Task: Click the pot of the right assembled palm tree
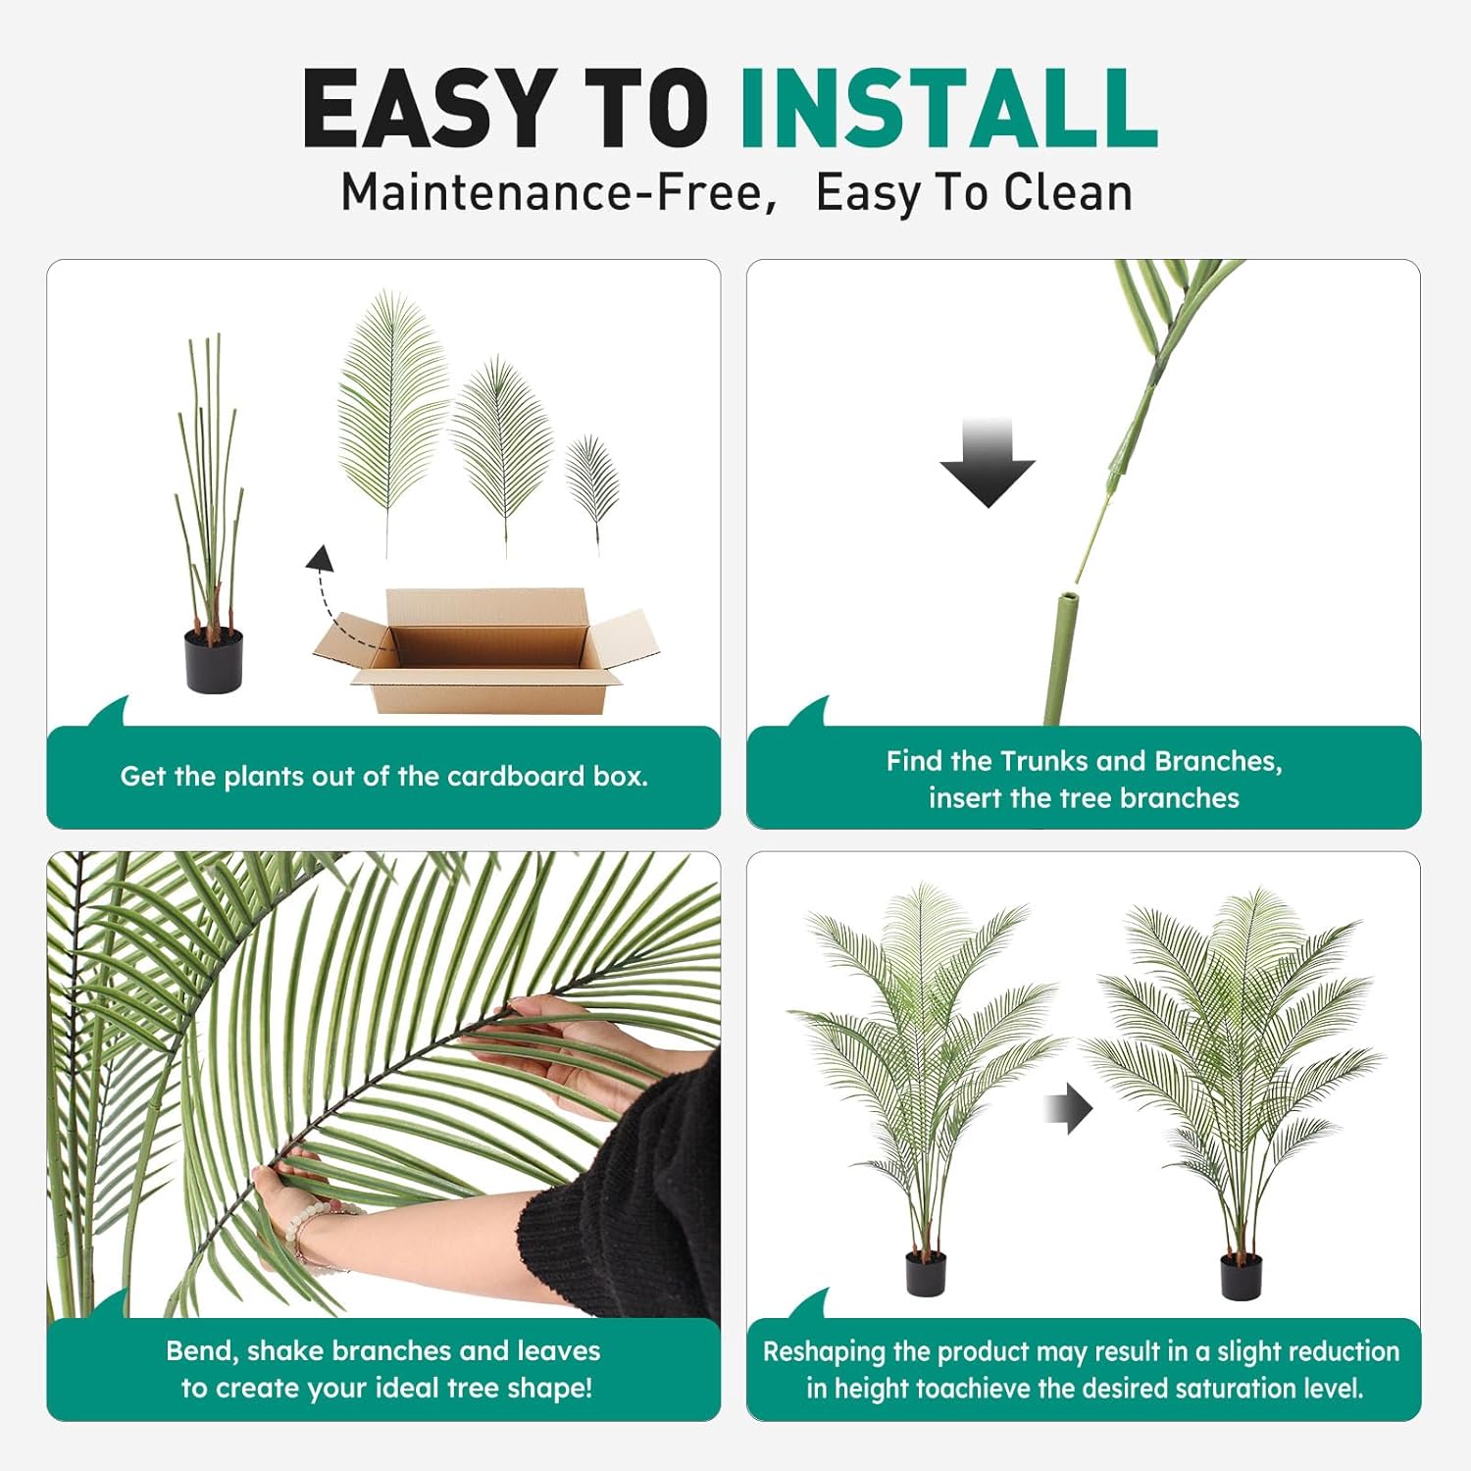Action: coord(1241,1276)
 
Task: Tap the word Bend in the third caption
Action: coord(201,1351)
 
